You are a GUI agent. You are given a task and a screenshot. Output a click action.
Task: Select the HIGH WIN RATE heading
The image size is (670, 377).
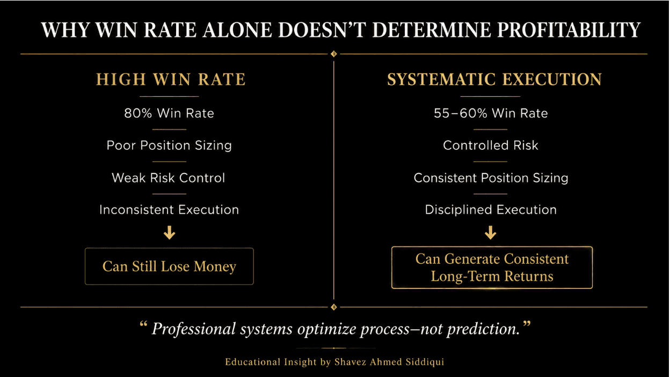[x=171, y=79]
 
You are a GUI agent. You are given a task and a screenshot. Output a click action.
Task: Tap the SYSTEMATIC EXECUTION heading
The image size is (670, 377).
[x=494, y=79]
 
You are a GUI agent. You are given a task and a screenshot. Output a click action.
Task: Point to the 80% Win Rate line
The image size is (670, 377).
[x=169, y=113]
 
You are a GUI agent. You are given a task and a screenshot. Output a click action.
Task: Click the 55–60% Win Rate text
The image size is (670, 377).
[x=491, y=113]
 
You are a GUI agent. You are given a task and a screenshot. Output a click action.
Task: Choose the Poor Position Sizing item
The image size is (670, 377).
[x=169, y=146]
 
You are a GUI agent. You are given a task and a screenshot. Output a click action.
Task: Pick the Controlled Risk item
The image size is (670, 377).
[x=491, y=146]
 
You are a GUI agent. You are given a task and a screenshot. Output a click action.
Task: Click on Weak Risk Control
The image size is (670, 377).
[x=168, y=178]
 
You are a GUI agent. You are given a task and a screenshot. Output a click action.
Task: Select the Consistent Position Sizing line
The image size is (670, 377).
[x=491, y=178]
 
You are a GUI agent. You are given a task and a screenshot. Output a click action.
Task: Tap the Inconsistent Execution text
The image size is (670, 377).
[x=169, y=210]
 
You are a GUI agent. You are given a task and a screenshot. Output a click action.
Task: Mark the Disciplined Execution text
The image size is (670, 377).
[x=491, y=210]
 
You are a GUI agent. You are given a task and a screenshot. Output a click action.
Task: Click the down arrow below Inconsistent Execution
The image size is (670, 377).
[x=169, y=233]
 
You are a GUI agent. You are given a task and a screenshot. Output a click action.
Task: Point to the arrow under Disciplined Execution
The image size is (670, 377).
[x=491, y=233]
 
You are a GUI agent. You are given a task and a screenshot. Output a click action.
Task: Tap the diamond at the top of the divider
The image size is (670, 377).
[x=334, y=54]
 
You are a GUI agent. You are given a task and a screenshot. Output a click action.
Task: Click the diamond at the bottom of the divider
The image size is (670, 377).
[x=334, y=307]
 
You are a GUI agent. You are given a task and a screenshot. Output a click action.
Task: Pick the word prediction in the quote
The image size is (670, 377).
[x=483, y=329]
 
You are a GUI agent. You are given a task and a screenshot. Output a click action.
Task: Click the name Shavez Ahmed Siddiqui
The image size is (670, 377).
[x=389, y=362]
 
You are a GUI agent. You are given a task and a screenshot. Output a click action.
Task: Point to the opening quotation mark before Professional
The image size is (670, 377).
[x=143, y=324]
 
